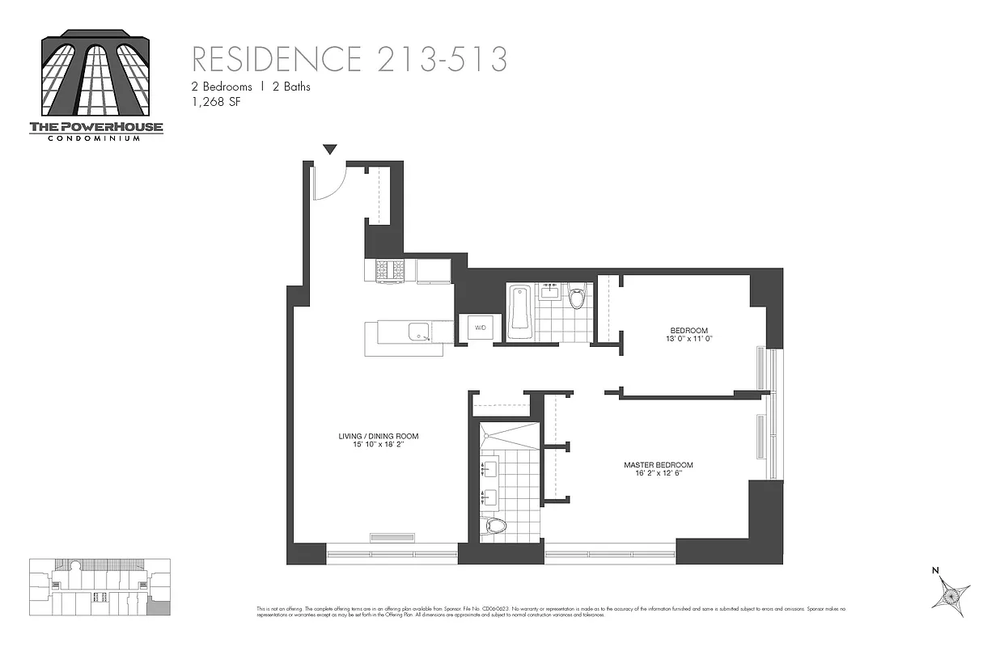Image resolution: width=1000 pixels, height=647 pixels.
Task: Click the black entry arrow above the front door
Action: [329, 150]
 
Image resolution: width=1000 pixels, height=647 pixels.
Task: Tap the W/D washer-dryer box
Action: [480, 328]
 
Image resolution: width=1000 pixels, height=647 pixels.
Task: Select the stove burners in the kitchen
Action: [389, 270]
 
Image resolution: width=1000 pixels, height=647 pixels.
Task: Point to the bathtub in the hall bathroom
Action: [519, 312]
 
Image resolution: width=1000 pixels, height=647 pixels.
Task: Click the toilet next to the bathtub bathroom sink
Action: [577, 298]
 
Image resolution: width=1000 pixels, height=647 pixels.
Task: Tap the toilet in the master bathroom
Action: [494, 526]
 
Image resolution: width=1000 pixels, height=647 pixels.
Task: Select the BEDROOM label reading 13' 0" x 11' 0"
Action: [689, 330]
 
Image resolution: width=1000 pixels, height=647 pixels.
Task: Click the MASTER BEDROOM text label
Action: [658, 465]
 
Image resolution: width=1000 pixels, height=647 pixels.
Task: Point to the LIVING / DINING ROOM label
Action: [379, 437]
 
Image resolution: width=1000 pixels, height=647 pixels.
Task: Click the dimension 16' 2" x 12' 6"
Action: [658, 474]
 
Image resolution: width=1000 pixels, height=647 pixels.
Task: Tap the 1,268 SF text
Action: [216, 102]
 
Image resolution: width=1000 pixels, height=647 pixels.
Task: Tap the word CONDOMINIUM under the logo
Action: [96, 138]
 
